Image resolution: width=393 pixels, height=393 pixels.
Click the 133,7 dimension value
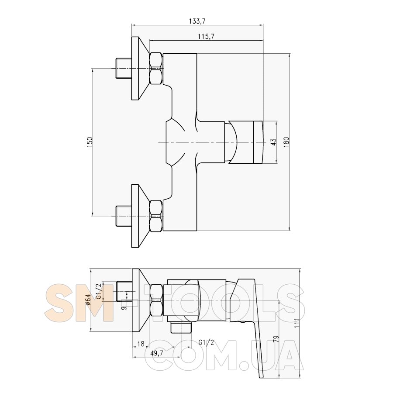click(x=197, y=21)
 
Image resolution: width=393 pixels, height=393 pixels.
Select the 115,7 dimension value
click(x=206, y=37)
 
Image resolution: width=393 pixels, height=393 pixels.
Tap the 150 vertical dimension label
click(x=90, y=142)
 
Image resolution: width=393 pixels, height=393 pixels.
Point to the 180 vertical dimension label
click(x=286, y=142)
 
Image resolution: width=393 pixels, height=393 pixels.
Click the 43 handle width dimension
click(x=273, y=142)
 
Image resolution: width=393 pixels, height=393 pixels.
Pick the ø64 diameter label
click(x=87, y=300)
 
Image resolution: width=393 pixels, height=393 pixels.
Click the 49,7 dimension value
click(x=157, y=353)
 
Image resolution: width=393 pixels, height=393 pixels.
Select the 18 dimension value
click(x=141, y=344)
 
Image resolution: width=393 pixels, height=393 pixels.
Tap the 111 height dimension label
click(x=297, y=323)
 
